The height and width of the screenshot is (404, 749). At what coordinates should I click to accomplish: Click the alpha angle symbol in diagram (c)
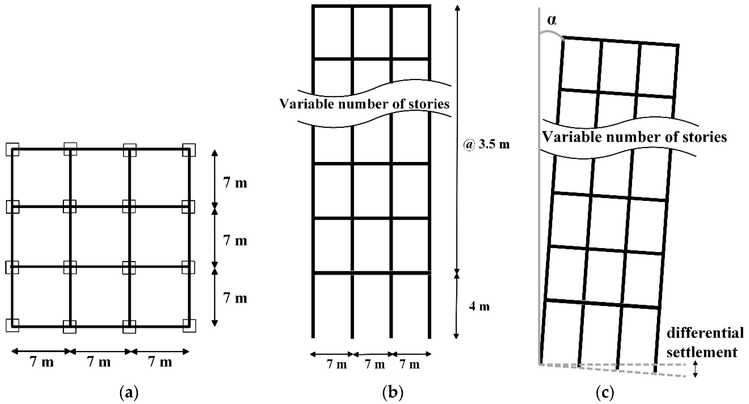point(552,21)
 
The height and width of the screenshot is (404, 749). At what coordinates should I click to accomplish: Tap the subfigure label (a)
point(129,393)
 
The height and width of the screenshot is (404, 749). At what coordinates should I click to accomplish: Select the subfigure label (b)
point(393,393)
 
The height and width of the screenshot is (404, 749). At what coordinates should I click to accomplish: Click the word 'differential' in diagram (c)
point(705,333)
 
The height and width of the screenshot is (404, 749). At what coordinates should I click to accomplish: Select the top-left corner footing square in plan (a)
point(12,149)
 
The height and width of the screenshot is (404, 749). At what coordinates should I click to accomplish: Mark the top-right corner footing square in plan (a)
point(189,150)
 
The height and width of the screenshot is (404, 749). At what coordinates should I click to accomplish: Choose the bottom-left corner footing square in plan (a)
point(12,325)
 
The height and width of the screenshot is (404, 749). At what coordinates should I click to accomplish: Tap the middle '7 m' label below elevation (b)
point(374,364)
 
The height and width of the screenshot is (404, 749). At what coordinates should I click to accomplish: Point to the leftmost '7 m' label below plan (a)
point(42,362)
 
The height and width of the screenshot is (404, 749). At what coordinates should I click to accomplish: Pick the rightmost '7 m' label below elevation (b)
point(410,364)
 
